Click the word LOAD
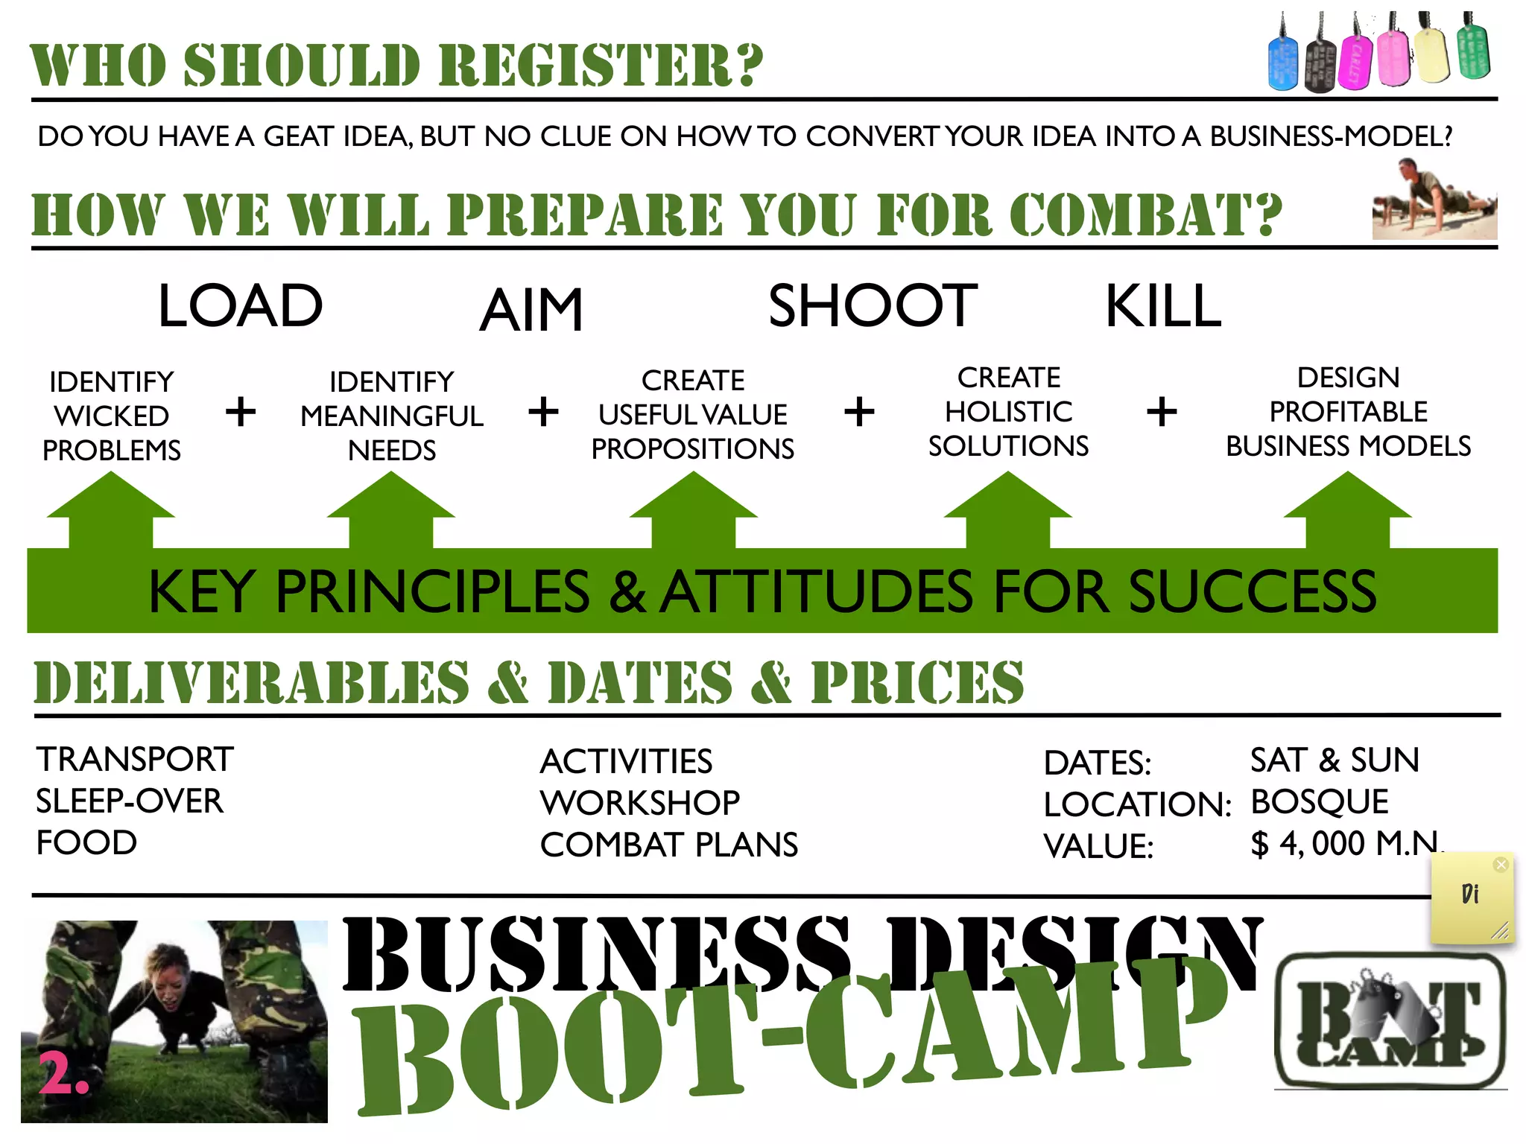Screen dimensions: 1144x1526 pos(240,306)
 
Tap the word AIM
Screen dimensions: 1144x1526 pos(531,311)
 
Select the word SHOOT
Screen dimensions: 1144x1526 pos(873,306)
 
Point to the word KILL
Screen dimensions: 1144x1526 pos(1163,306)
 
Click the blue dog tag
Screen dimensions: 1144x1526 pos(1282,64)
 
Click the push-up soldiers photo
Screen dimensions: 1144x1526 pos(1434,201)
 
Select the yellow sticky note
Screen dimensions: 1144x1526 pos(1472,898)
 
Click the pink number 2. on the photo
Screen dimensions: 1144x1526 pos(63,1073)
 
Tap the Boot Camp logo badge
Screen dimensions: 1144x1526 pos(1390,1020)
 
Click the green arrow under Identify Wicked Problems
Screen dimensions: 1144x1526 pos(111,510)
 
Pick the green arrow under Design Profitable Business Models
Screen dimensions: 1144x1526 pos(1347,510)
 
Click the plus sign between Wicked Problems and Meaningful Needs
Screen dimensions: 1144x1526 pos(240,412)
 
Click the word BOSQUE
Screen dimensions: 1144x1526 pos(1319,802)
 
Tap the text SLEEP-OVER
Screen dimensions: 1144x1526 pos(130,801)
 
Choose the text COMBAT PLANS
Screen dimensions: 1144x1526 pos(668,845)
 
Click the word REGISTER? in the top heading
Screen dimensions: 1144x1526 pos(601,66)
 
